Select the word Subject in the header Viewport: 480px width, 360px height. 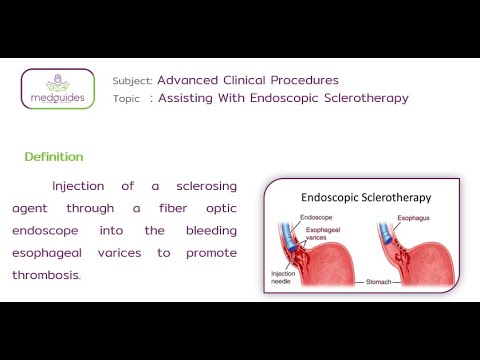click(x=133, y=80)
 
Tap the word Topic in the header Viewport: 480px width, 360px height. click(x=127, y=98)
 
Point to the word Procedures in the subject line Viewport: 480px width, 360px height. click(x=304, y=80)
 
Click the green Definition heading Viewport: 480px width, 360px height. click(x=54, y=157)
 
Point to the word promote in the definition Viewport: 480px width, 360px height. click(x=211, y=253)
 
